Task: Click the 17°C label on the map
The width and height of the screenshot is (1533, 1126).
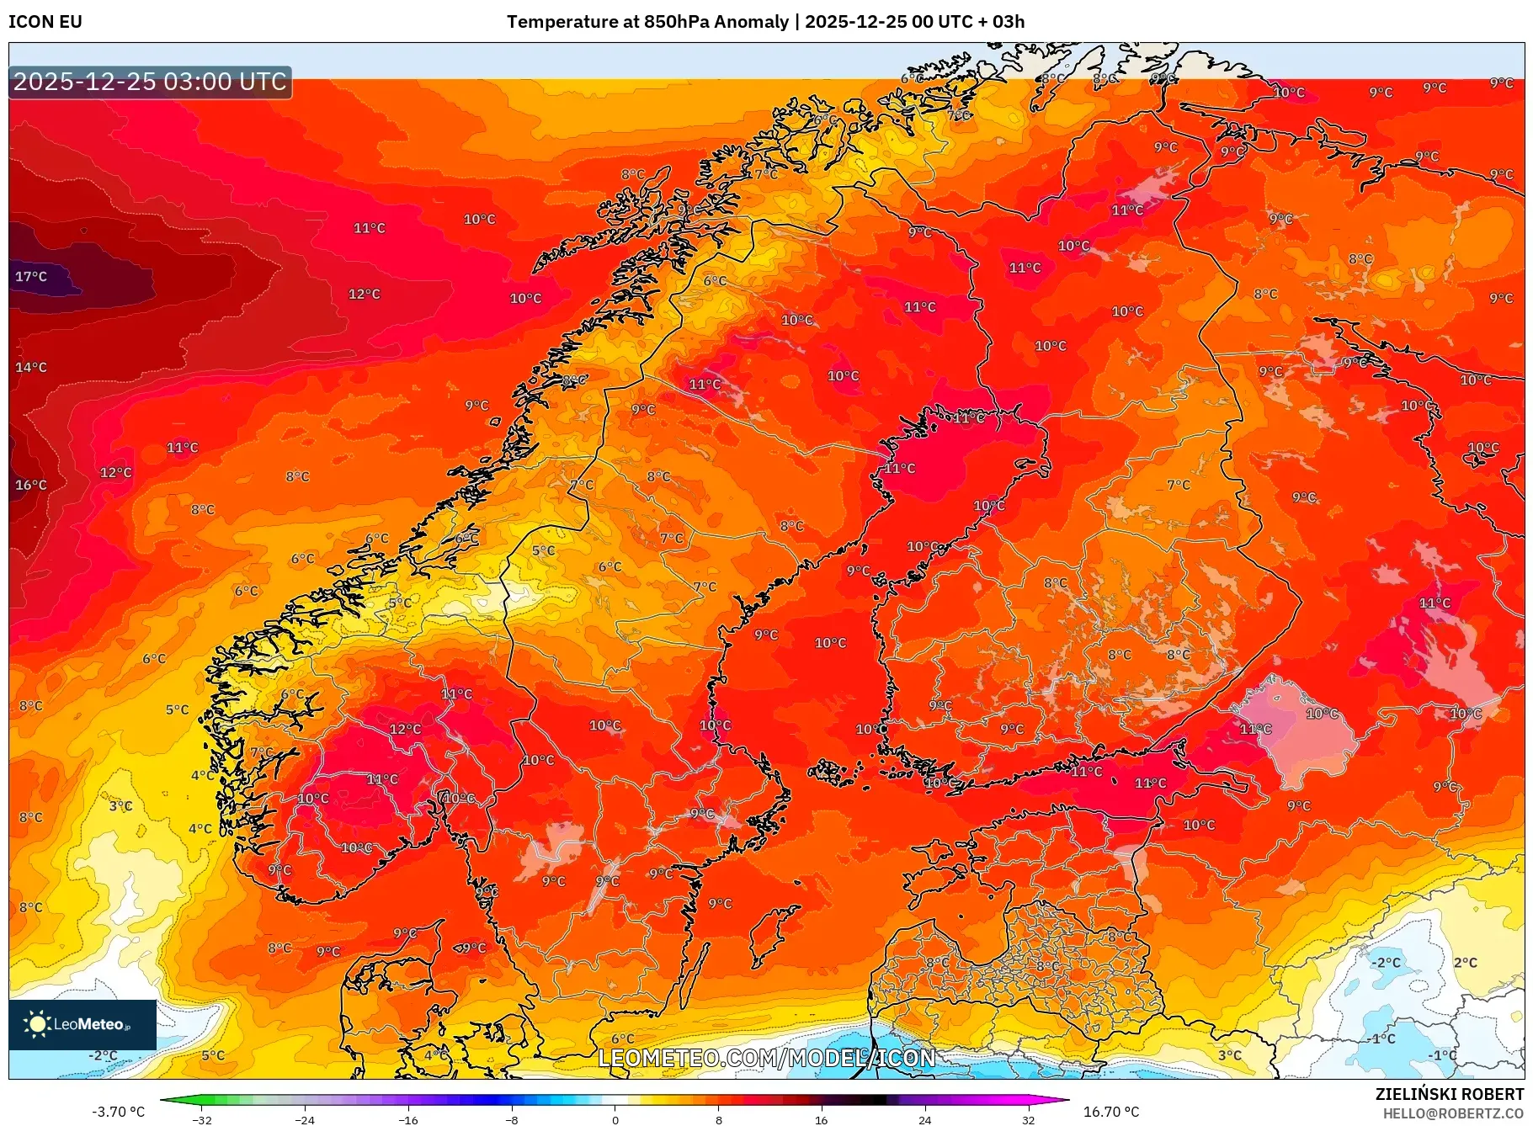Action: coord(31,277)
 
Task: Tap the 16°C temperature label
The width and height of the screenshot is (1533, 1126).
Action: coord(31,486)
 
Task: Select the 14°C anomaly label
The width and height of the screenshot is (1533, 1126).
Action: coord(31,368)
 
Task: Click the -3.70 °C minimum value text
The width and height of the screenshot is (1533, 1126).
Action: coord(118,1112)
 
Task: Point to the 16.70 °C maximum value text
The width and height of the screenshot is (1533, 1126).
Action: coord(1111,1112)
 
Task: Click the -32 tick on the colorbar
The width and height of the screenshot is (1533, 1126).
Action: coord(202,1120)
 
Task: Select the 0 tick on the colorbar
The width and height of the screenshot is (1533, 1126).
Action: coord(615,1120)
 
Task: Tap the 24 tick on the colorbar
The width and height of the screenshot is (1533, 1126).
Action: coord(925,1120)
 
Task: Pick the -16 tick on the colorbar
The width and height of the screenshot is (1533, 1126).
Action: coord(408,1120)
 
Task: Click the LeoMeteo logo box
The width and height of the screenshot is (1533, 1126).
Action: coord(83,1024)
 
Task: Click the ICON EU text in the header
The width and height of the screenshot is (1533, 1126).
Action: coord(45,22)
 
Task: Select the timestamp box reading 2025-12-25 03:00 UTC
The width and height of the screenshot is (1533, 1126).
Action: coord(150,82)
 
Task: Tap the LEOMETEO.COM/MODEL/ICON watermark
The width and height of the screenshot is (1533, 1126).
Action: coord(766,1058)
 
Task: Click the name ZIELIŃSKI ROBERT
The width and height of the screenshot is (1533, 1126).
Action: coord(1449,1094)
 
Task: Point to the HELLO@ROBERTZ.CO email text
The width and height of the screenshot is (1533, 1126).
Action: coord(1453,1113)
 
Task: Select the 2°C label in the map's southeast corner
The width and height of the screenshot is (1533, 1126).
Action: coord(1465,963)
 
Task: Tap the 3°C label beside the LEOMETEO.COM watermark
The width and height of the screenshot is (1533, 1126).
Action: coord(1229,1055)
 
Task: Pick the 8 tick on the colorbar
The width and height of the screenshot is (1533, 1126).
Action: coord(718,1120)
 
